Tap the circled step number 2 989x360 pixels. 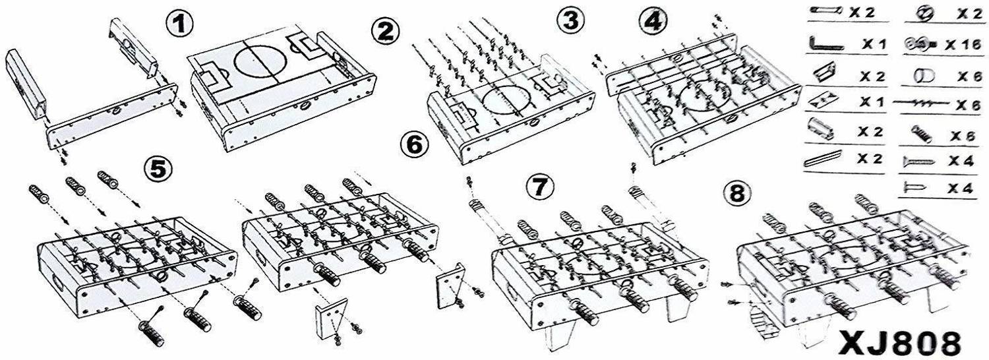(386, 32)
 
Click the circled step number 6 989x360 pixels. (415, 145)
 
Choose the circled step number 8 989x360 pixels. (737, 193)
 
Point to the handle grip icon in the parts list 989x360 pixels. (922, 134)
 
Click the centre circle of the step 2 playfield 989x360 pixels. (256, 61)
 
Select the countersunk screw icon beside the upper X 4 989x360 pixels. (918, 162)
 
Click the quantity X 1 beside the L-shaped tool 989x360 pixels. (874, 44)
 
